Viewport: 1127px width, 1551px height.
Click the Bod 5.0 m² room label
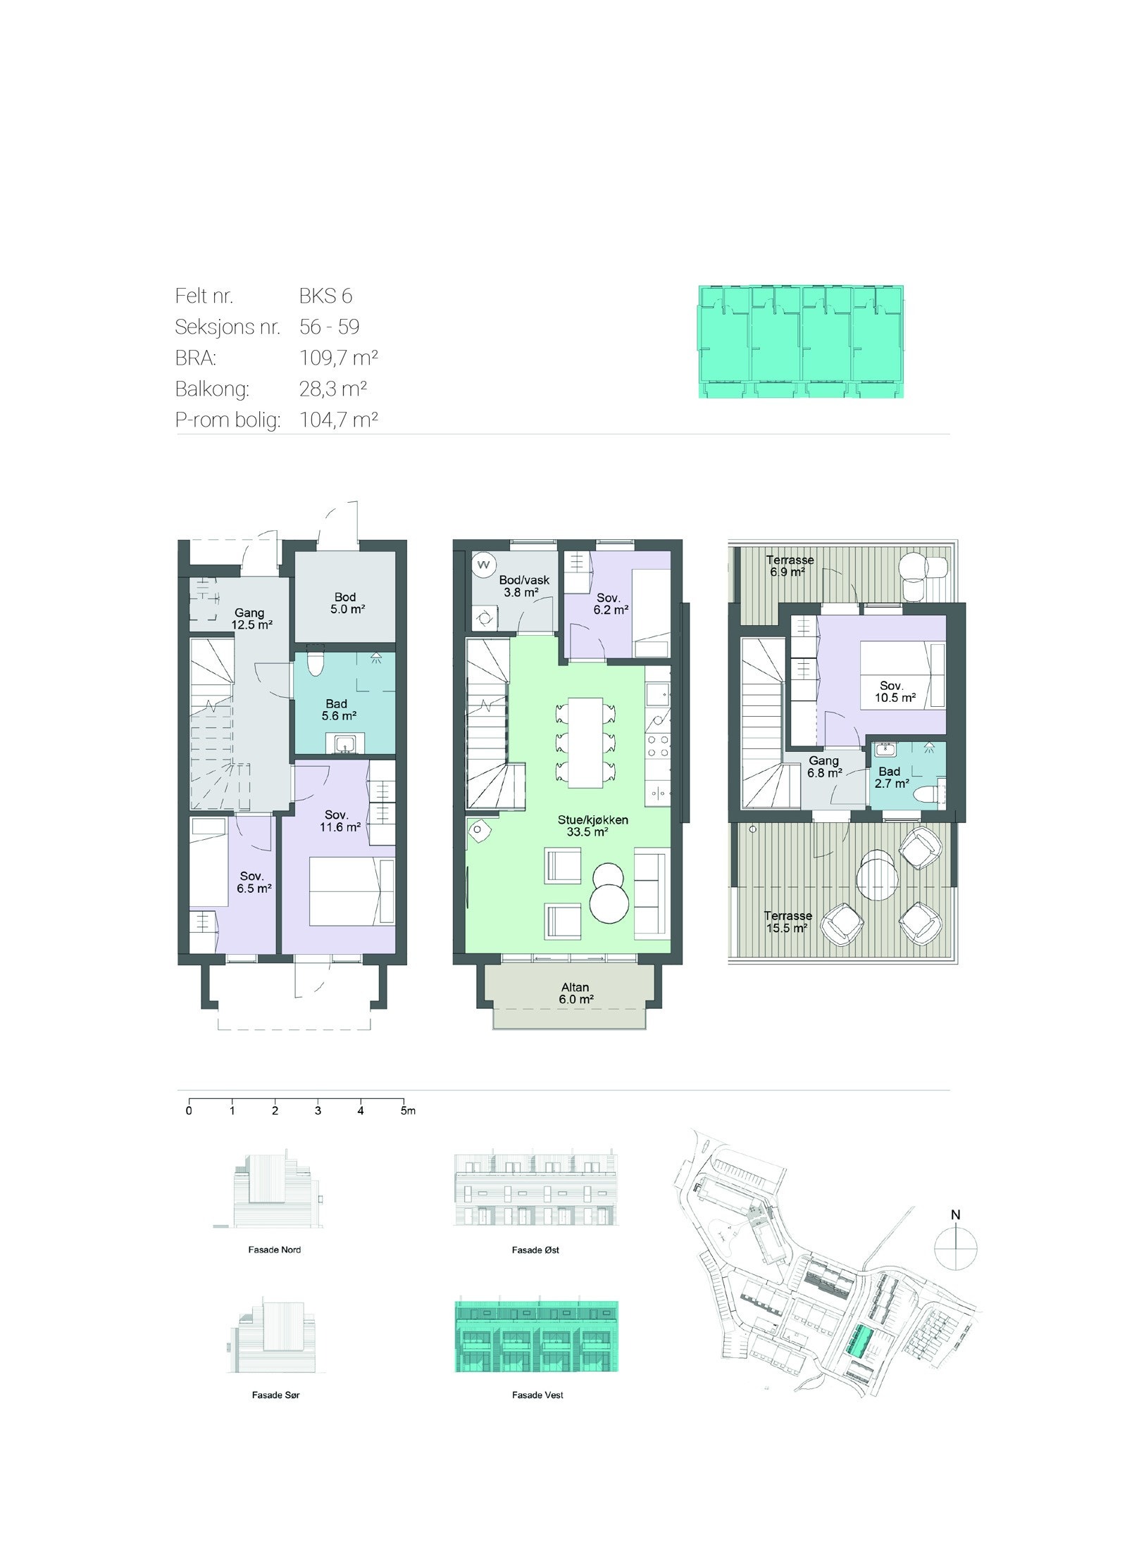click(x=346, y=603)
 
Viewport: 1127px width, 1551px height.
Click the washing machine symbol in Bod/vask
click(x=483, y=563)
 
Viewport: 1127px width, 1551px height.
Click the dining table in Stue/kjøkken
click(x=585, y=742)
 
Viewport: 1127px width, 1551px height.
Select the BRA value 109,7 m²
click(x=339, y=358)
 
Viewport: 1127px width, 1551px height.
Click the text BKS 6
click(x=325, y=296)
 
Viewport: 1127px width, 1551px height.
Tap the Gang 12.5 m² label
click(x=250, y=618)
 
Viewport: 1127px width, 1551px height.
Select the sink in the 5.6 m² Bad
click(x=345, y=743)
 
